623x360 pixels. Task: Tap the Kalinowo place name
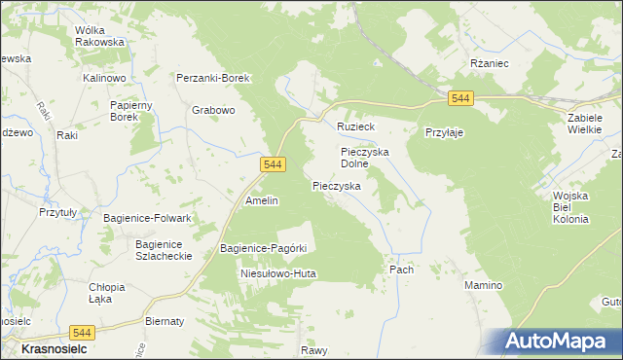point(107,77)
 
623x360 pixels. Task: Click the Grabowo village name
point(213,110)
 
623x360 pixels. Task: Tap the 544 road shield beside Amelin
point(273,166)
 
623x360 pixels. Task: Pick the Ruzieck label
point(355,127)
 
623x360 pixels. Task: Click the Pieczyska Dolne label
point(365,158)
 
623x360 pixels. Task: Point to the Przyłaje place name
point(443,132)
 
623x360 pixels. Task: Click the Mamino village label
point(483,285)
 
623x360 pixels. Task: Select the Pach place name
point(401,270)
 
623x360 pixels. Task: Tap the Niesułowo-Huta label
point(278,274)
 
